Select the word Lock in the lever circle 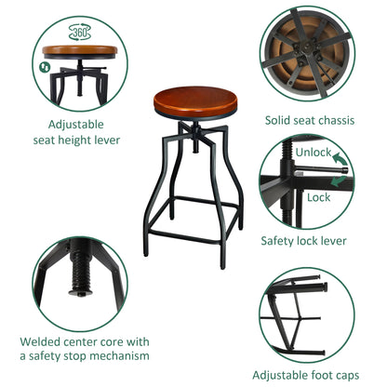(x=318, y=197)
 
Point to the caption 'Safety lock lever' (x=305, y=241)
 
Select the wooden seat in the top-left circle (x=80, y=52)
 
